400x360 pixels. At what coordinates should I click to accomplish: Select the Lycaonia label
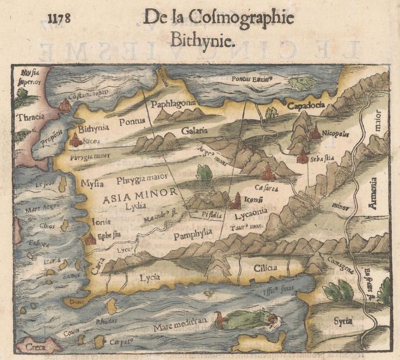coord(250,215)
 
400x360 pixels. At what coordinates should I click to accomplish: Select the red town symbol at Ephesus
coord(90,238)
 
